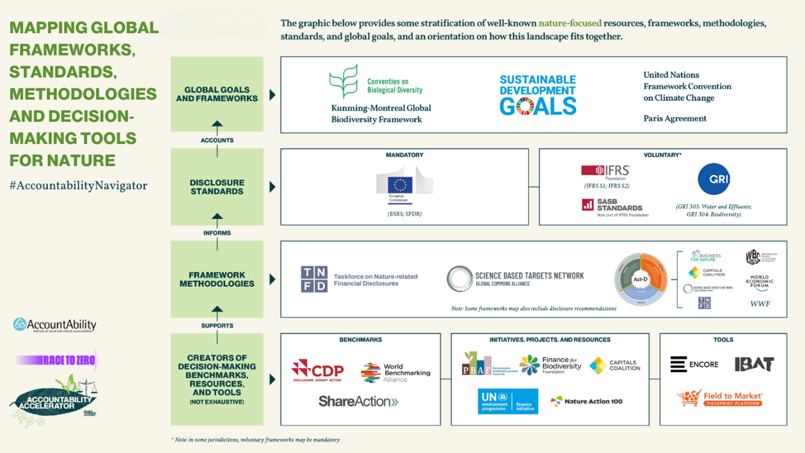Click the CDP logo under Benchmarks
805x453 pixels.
click(317, 371)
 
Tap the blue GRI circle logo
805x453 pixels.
click(714, 179)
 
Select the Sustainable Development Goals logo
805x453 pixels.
click(538, 95)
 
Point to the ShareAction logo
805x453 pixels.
click(358, 401)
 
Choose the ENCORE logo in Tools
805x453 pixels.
click(694, 364)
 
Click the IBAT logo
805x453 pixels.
click(754, 364)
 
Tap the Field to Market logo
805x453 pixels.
click(720, 399)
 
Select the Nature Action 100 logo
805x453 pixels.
click(587, 401)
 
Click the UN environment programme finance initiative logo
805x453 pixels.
click(507, 401)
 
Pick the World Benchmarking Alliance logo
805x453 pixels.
click(395, 372)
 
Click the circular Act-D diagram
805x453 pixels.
click(641, 279)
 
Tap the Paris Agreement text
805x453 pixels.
click(675, 118)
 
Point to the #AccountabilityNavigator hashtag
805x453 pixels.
click(78, 185)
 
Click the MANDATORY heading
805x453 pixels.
click(404, 155)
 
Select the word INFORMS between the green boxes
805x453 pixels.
click(217, 233)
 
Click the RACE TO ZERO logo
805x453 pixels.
click(56, 360)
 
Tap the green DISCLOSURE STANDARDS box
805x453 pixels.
click(217, 186)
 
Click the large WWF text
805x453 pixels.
click(760, 304)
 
